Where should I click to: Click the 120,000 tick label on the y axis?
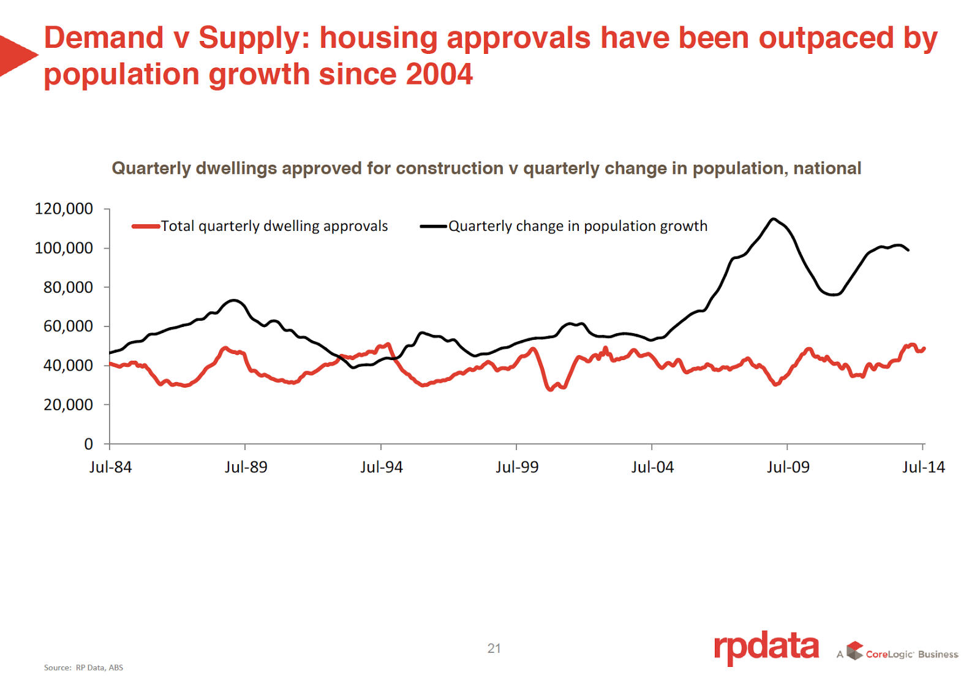point(64,209)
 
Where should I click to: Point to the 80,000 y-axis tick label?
point(68,287)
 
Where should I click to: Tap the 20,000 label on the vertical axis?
point(68,405)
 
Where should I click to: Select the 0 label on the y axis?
point(89,444)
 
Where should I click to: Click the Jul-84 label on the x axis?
point(110,467)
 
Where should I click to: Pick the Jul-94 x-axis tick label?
point(381,467)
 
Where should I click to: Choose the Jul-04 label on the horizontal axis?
point(652,467)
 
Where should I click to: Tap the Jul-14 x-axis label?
point(923,467)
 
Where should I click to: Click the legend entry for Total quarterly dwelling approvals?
point(274,226)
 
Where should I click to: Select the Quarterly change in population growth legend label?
point(578,226)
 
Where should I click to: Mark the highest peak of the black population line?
point(774,219)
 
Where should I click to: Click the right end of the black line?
point(908,250)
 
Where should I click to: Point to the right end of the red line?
point(924,348)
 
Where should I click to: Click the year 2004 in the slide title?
point(439,75)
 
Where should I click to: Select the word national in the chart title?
point(827,168)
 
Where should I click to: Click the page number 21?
point(494,649)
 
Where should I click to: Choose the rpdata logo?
point(766,647)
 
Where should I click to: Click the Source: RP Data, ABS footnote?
point(83,668)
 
